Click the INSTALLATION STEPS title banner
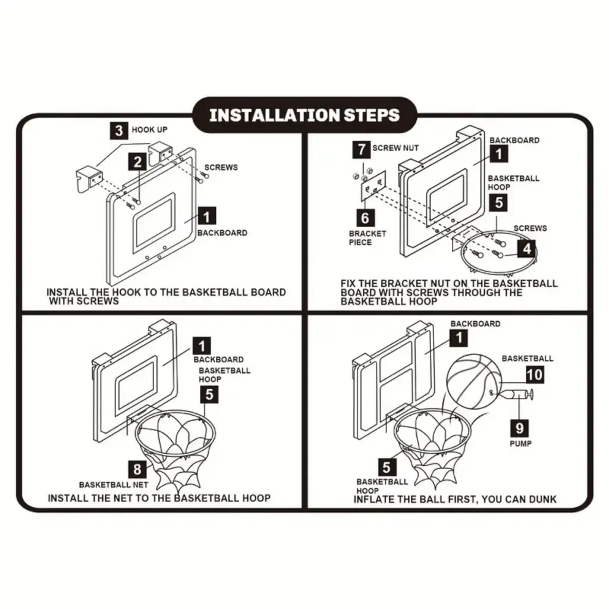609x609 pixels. pyautogui.click(x=304, y=115)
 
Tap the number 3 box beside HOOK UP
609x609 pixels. pyautogui.click(x=119, y=130)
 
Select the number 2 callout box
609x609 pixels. pyautogui.click(x=138, y=161)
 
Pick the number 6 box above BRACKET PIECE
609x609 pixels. pyautogui.click(x=365, y=217)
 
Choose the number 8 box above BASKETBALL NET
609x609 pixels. pyautogui.click(x=138, y=468)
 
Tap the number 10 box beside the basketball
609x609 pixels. pyautogui.click(x=534, y=374)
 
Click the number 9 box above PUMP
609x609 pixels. pyautogui.click(x=520, y=426)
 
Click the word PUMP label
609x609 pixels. pyautogui.click(x=520, y=444)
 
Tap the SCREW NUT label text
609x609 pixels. pyautogui.click(x=395, y=148)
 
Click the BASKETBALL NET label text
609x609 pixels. pyautogui.click(x=114, y=485)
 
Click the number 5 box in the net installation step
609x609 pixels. pyautogui.click(x=209, y=393)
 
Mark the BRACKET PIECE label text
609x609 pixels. pyautogui.click(x=368, y=238)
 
